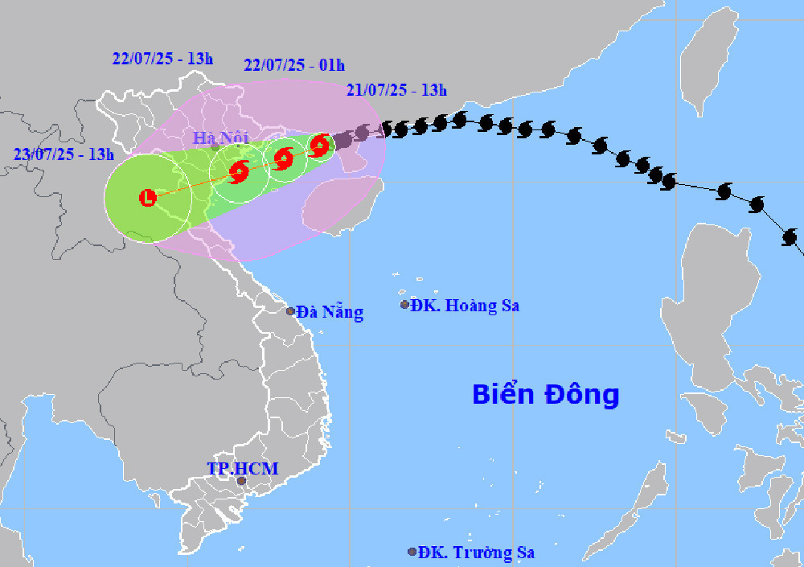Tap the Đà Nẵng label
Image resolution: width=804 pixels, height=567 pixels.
[330, 312]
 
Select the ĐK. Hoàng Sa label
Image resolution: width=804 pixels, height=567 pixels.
[465, 306]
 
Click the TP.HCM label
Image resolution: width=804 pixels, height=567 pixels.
[242, 468]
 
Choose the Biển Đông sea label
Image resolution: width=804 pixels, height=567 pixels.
[545, 395]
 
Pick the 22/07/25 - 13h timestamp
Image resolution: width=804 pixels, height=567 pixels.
[162, 58]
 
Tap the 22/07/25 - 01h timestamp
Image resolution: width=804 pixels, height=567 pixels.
[294, 65]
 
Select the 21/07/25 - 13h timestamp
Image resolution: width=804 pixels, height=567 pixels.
[397, 90]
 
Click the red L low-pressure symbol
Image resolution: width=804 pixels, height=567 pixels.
[148, 197]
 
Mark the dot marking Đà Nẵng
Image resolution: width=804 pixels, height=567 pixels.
[291, 310]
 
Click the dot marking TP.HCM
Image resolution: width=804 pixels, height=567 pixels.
[241, 481]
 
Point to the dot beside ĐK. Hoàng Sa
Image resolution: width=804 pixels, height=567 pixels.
[404, 305]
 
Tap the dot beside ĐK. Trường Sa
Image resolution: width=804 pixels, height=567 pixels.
[412, 552]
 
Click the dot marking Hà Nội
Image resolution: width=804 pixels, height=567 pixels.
[215, 148]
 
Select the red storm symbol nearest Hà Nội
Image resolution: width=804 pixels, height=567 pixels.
[239, 171]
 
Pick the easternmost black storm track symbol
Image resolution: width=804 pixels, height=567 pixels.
[790, 237]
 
